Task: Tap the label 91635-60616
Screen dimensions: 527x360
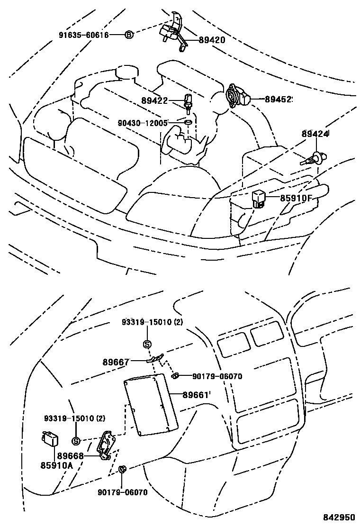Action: [x=84, y=35]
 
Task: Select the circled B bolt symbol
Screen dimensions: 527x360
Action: [x=129, y=35]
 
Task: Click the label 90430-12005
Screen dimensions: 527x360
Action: [x=143, y=123]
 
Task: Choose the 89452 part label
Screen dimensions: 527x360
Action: [x=279, y=100]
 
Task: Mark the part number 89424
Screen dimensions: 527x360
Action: [x=315, y=134]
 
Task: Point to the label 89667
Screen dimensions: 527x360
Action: [x=116, y=362]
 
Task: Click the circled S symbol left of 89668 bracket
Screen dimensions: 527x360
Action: [x=75, y=441]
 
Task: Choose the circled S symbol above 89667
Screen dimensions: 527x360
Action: [x=147, y=344]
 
